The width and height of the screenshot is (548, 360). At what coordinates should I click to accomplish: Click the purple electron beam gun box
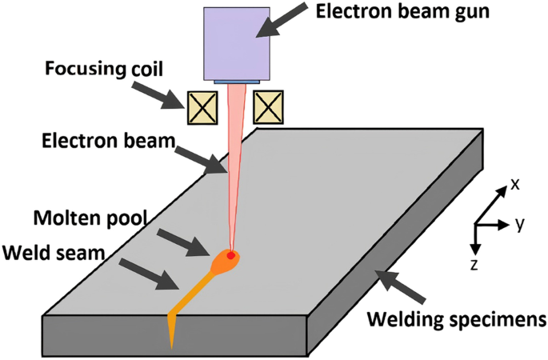pos(238,43)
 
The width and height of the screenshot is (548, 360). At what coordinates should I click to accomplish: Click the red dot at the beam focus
pos(231,256)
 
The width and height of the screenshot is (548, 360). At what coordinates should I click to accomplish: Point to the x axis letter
pos(515,184)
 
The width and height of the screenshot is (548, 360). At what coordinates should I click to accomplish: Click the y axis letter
pos(519,223)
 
